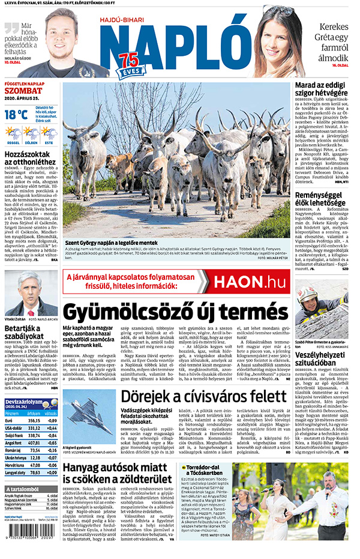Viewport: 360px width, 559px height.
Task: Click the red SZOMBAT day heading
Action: click(x=22, y=91)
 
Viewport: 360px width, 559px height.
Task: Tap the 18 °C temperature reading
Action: click(x=16, y=113)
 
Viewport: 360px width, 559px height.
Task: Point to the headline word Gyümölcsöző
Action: click(x=134, y=312)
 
